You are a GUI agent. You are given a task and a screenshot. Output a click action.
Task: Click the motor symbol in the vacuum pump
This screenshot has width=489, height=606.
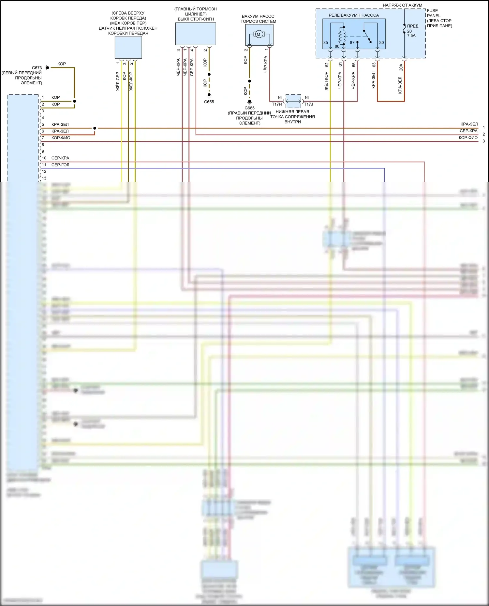click(x=259, y=34)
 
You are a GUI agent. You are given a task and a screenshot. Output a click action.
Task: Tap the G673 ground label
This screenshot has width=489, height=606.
click(x=37, y=68)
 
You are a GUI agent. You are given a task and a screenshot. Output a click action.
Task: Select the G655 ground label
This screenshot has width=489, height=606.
click(x=209, y=102)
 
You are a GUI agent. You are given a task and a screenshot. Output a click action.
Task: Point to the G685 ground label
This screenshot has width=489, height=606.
click(x=249, y=108)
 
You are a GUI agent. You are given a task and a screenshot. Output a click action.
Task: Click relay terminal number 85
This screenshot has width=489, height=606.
click(x=326, y=43)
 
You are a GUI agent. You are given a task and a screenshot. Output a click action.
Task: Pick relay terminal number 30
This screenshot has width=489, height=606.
click(x=381, y=43)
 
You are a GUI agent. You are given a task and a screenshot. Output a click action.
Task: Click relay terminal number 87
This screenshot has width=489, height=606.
click(x=352, y=43)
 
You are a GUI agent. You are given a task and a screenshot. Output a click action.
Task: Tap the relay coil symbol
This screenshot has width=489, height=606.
click(x=342, y=35)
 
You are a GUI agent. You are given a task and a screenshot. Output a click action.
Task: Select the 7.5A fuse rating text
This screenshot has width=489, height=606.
click(x=411, y=36)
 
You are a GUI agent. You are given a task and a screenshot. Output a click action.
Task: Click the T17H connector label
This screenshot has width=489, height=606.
click(x=277, y=104)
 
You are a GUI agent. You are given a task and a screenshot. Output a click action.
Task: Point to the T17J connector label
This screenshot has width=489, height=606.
click(x=308, y=104)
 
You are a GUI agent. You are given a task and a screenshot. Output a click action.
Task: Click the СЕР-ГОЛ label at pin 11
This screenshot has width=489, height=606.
click(x=60, y=165)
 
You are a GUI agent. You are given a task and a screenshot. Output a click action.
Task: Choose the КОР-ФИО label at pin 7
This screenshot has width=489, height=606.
click(x=61, y=138)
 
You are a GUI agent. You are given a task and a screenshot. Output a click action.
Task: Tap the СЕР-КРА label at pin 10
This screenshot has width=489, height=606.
click(x=60, y=158)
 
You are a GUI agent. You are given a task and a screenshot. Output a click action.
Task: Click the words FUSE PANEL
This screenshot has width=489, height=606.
click(x=433, y=13)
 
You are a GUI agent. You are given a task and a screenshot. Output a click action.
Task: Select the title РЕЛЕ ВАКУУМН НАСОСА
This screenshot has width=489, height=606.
click(x=354, y=15)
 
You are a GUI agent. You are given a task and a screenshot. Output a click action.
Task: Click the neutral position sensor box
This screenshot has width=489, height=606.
click(x=128, y=47)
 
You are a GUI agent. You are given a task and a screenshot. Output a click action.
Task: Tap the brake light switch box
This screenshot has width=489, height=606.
click(x=196, y=34)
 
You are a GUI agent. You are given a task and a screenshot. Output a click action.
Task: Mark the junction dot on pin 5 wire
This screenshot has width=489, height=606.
click(x=95, y=128)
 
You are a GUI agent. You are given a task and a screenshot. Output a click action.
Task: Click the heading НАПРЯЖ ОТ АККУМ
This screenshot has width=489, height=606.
click(x=402, y=5)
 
